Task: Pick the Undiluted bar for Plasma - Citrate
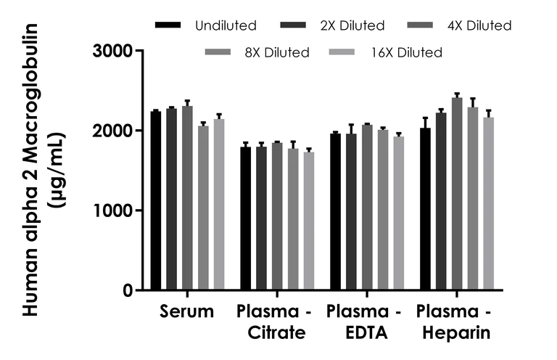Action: [246, 218]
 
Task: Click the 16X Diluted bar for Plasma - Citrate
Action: [309, 221]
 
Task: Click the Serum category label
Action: [187, 313]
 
